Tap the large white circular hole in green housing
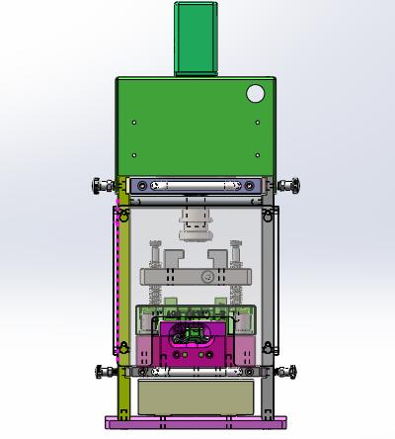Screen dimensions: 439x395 256,94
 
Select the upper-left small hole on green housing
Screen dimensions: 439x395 135,123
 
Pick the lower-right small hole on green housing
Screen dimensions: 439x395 259,154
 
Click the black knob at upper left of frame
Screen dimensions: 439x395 100,185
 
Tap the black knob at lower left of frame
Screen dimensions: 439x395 101,372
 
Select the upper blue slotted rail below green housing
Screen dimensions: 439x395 197,185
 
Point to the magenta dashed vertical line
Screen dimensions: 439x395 118,277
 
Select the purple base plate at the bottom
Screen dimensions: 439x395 197,423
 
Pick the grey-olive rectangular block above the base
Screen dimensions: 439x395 197,397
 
